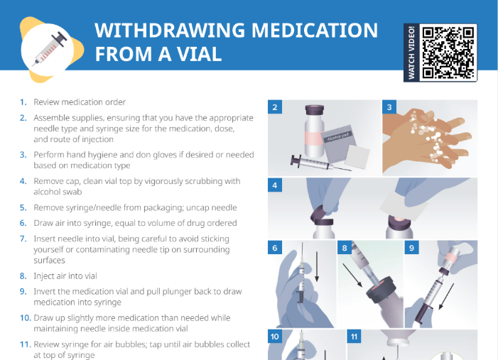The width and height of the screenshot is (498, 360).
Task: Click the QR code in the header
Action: [448, 53]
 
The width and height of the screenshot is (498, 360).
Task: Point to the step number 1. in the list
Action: [23, 102]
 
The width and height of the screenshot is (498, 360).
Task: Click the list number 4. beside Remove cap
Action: [23, 181]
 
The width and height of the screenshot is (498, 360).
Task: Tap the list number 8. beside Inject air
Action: [23, 276]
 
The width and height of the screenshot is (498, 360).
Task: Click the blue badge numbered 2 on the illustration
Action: [275, 107]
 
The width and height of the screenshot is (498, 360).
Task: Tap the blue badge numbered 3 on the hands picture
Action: [389, 107]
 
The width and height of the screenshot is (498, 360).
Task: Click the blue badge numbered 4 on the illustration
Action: [275, 185]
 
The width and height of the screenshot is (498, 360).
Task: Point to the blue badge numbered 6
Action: [275, 248]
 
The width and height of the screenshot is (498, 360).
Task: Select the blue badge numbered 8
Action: [345, 248]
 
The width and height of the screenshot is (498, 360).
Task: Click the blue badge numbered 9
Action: [412, 248]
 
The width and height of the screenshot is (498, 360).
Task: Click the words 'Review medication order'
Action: [80, 102]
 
